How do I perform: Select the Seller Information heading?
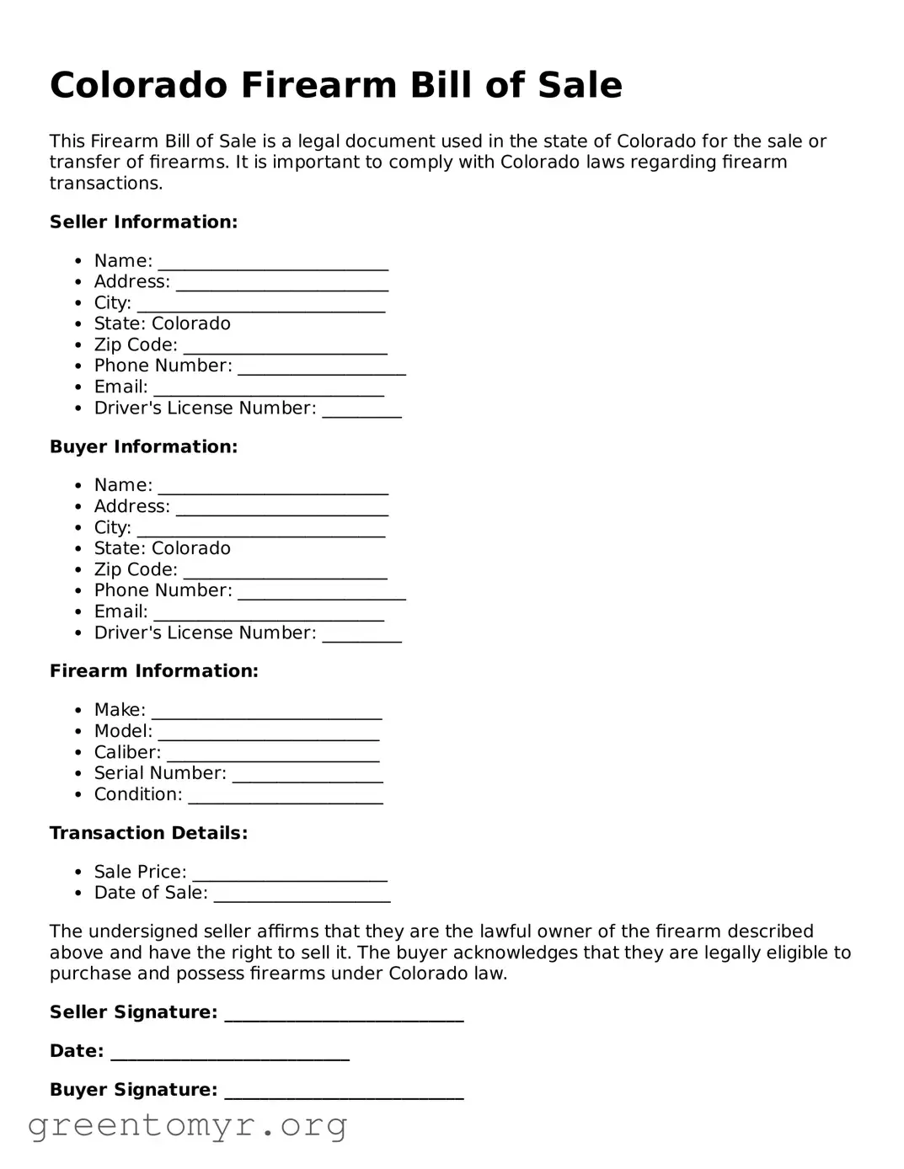(143, 222)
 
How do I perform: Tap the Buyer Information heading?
(143, 446)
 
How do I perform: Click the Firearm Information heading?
(153, 670)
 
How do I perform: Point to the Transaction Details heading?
(148, 833)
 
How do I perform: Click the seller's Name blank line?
(273, 264)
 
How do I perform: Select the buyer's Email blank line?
(269, 615)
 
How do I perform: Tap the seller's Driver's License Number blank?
(361, 411)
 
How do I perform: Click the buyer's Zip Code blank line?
(285, 573)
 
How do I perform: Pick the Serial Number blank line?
(308, 777)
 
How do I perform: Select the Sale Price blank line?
(290, 875)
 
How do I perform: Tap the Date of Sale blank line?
(302, 896)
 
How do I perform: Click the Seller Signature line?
(344, 1015)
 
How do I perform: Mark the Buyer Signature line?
(344, 1092)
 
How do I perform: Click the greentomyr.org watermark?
(187, 1125)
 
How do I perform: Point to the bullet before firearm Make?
(78, 711)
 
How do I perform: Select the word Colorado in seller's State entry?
(191, 323)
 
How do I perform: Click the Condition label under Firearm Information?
(138, 794)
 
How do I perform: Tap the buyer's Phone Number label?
(163, 590)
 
